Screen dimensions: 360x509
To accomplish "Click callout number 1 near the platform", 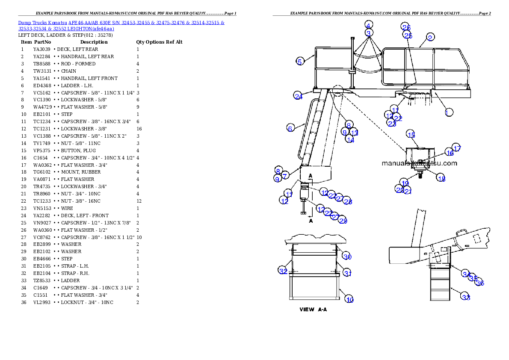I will click(448, 112).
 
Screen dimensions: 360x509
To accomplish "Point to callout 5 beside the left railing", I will click(300, 62).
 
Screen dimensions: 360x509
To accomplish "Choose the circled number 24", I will click(298, 96).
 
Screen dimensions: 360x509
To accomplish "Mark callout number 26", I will click(406, 27).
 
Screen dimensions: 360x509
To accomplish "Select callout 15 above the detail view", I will click(410, 134).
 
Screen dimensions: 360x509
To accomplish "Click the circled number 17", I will click(457, 148).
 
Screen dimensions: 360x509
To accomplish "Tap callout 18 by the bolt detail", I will click(441, 179).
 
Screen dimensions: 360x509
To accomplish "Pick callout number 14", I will click(350, 139).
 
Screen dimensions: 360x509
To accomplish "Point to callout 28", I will click(348, 201).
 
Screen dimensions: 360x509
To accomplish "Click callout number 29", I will click(343, 221).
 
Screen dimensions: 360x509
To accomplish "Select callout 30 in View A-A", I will click(347, 257).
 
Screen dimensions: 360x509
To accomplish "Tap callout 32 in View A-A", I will click(283, 271).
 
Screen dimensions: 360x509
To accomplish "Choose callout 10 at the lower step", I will click(349, 300).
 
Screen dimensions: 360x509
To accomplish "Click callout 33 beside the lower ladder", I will click(466, 297).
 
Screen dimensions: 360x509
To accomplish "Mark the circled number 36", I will click(480, 283).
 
